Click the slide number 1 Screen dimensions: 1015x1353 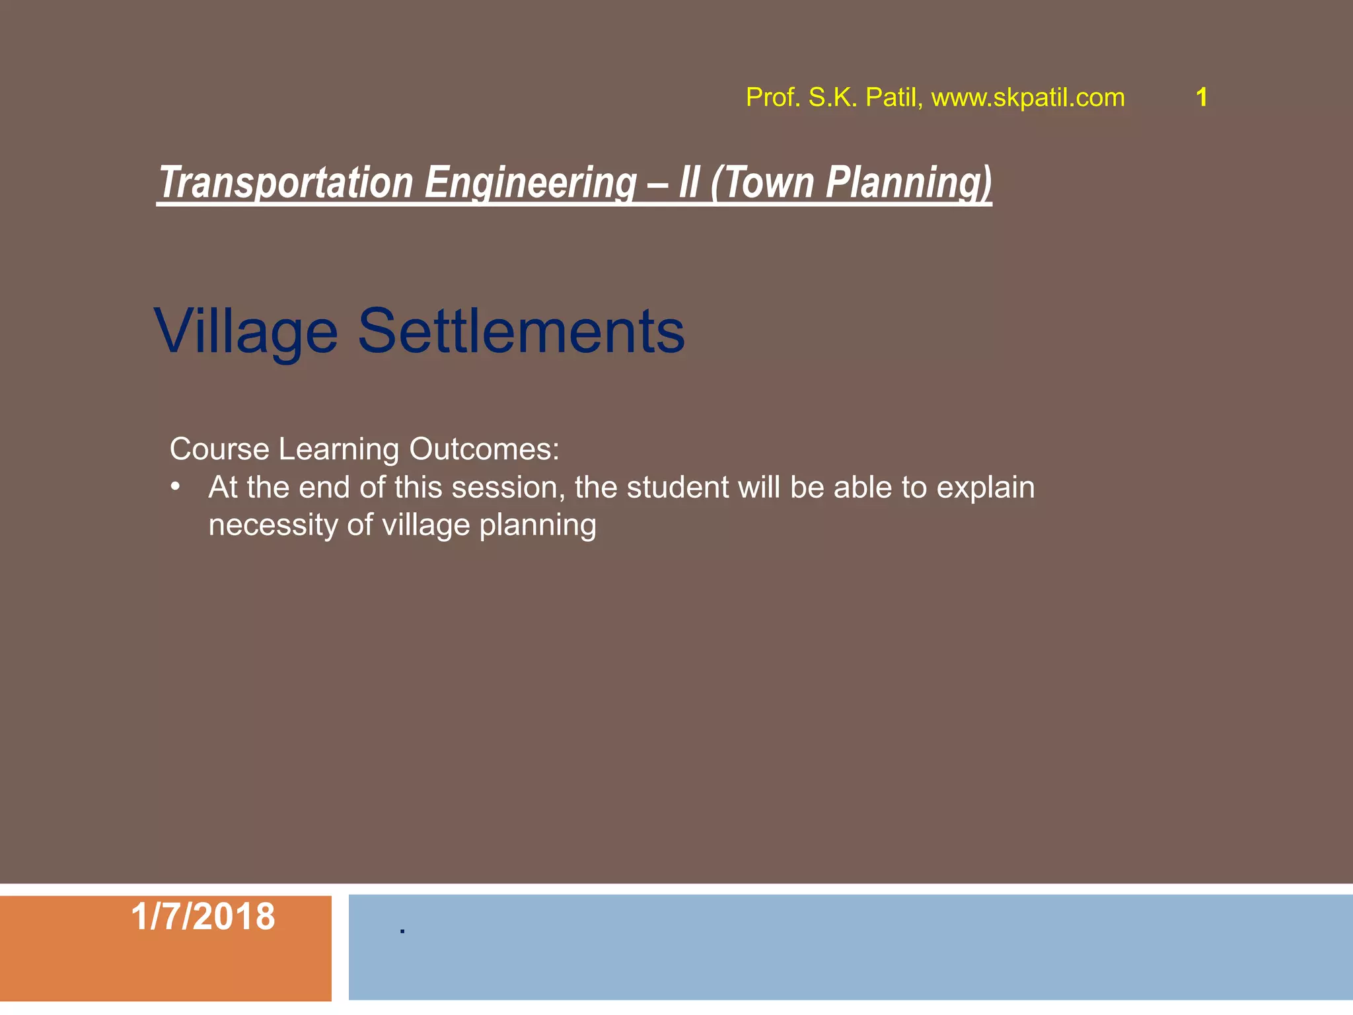click(1202, 98)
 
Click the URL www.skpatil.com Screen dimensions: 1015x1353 click(1027, 98)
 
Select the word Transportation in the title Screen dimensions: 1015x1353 click(286, 183)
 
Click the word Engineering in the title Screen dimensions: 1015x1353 click(530, 183)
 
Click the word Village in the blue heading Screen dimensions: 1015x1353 click(246, 332)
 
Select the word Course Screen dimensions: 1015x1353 click(219, 449)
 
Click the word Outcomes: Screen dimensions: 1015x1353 click(484, 449)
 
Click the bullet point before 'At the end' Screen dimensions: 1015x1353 click(175, 488)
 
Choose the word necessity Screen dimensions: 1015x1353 click(274, 526)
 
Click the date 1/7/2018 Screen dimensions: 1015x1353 click(203, 917)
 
